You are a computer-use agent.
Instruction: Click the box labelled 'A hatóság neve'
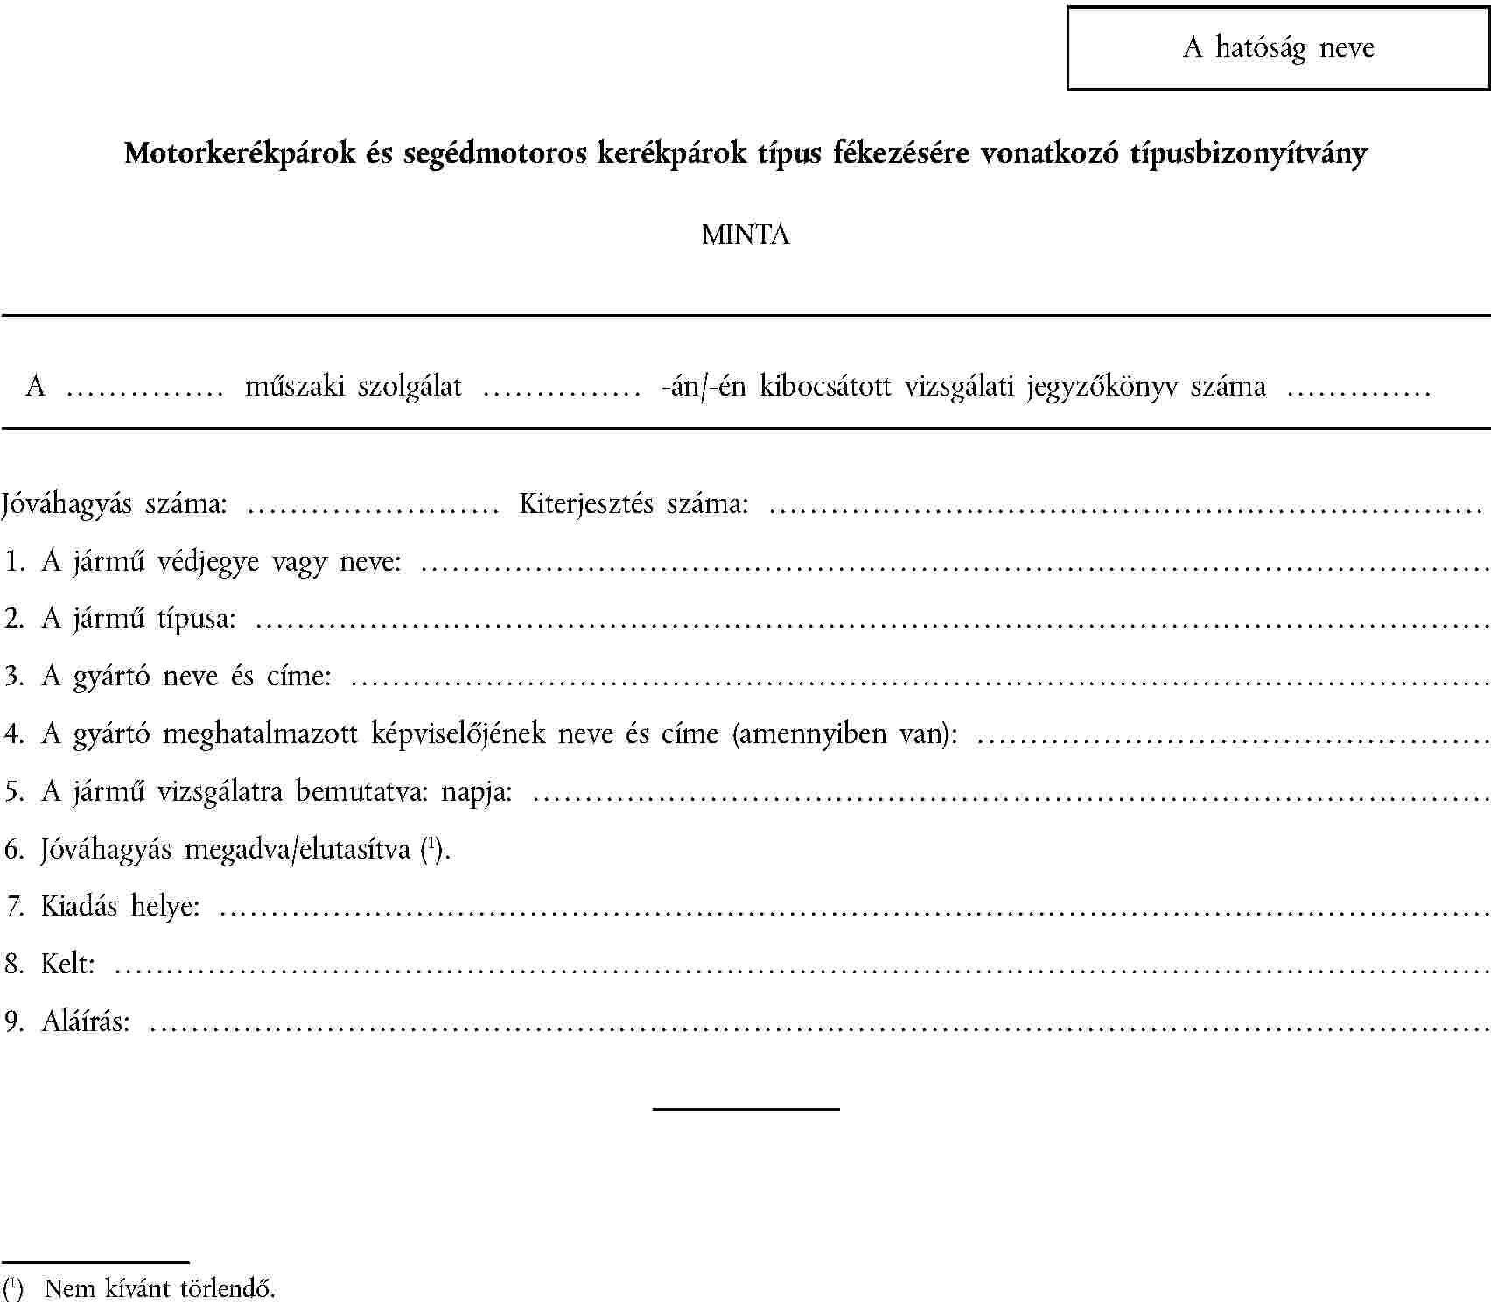point(1277,47)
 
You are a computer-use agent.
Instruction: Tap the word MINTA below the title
point(745,235)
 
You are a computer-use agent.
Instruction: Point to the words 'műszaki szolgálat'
point(353,386)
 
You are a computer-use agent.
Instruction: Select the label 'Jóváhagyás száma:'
point(115,504)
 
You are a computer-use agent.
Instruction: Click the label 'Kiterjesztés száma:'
point(633,504)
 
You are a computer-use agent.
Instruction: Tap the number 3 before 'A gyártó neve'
point(12,676)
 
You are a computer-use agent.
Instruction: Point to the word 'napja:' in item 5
point(476,791)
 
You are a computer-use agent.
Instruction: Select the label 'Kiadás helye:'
point(120,906)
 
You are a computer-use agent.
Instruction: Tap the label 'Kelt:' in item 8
point(68,964)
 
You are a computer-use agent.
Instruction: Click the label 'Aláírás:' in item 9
point(86,1021)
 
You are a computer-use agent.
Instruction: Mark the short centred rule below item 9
point(745,1109)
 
